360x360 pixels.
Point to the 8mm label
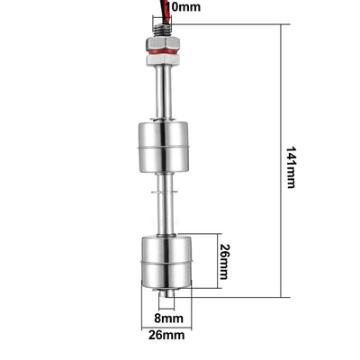pyautogui.click(x=169, y=318)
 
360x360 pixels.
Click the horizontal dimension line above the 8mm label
pyautogui.click(x=167, y=307)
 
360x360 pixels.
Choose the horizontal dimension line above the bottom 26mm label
pyautogui.click(x=167, y=325)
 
